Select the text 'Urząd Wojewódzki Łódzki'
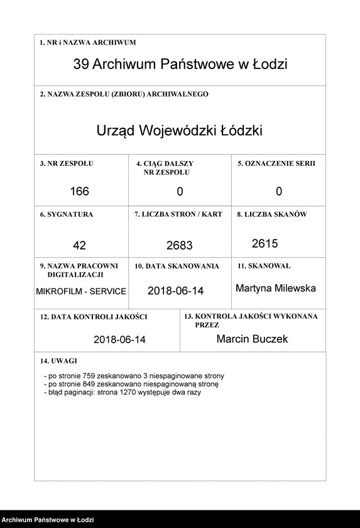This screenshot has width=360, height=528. click(x=179, y=131)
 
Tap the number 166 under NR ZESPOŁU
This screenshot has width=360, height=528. click(x=80, y=191)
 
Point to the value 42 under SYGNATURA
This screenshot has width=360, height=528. click(x=79, y=245)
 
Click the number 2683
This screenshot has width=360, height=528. click(x=180, y=245)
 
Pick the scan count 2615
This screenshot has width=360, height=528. click(x=265, y=243)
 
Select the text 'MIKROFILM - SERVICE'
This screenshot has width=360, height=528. click(x=81, y=292)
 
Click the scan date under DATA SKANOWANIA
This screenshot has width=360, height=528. click(x=176, y=291)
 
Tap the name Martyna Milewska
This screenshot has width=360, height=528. click(x=276, y=288)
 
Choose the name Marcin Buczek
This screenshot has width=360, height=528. click(x=252, y=339)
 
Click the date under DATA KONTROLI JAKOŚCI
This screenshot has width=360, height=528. click(x=119, y=339)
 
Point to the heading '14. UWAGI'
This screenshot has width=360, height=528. click(x=58, y=361)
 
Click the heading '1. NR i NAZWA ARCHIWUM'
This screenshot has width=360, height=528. click(x=88, y=43)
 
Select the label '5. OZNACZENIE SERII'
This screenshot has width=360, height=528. click(x=276, y=163)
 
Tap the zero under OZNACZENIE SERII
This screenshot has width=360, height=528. click(x=279, y=191)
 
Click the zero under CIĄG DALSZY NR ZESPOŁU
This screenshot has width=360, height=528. click(x=180, y=191)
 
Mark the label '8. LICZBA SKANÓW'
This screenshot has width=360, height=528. click(x=271, y=214)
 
